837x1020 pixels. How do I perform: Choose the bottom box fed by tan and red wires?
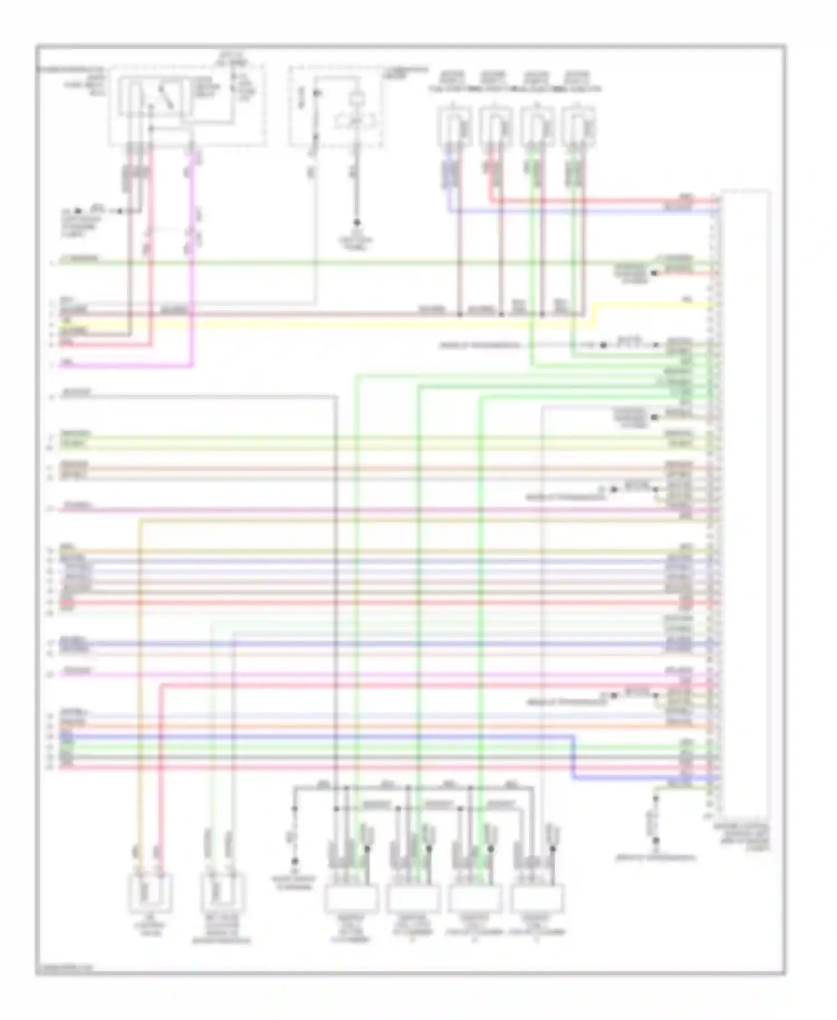point(150,893)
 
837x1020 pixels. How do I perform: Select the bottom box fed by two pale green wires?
point(222,893)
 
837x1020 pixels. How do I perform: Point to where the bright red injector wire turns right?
point(492,200)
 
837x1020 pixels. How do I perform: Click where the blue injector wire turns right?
point(449,211)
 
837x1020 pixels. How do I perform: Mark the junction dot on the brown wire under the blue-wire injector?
point(460,315)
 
